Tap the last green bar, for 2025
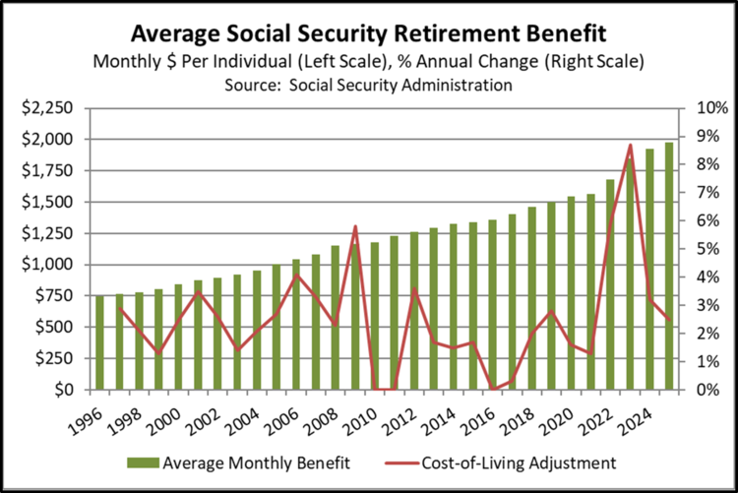point(669,267)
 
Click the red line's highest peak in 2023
point(630,146)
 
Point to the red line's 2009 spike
point(355,227)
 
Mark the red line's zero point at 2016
point(493,389)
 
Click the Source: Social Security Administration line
point(368,85)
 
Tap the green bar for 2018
point(532,298)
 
